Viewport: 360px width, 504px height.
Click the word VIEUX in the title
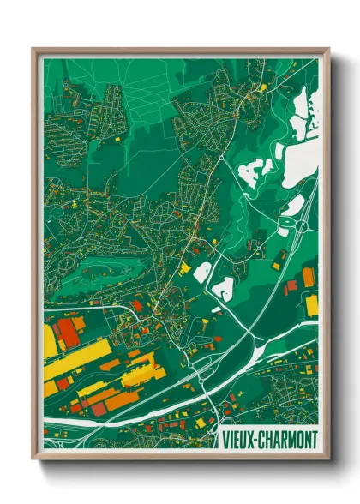pos(239,440)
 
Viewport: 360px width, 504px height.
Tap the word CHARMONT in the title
pos(289,440)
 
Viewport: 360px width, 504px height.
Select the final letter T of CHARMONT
pos(315,440)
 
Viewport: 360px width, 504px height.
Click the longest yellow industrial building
pos(77,357)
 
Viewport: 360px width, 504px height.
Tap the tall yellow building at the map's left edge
pos(49,340)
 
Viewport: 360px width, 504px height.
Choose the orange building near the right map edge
pos(308,278)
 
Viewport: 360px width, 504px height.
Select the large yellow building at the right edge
pos(312,305)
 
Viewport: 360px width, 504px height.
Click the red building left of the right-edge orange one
pos(291,285)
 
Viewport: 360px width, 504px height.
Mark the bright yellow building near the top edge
pos(263,86)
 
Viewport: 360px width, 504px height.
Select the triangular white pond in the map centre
pos(225,288)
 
